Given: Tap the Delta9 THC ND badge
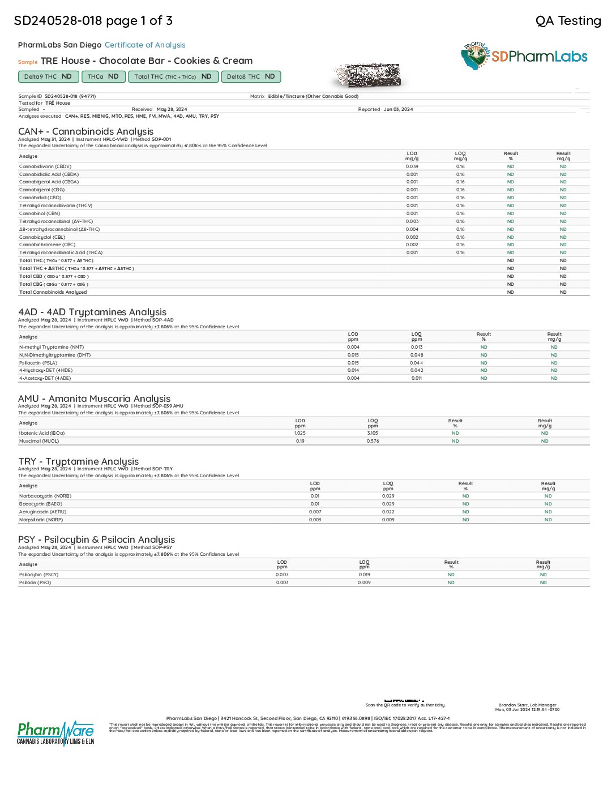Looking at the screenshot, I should [x=48, y=76].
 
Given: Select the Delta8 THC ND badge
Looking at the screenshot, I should [x=250, y=76].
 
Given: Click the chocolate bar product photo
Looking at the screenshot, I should [x=368, y=75].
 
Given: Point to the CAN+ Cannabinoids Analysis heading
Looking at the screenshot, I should [x=85, y=131].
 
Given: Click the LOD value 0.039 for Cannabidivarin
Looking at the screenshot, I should [x=412, y=166].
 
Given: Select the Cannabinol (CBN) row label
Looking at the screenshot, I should [x=40, y=213].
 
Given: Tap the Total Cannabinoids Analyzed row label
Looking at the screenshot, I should [x=53, y=292].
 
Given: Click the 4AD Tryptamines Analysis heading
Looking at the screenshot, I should [x=92, y=312].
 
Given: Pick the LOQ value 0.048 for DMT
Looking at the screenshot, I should [x=417, y=355].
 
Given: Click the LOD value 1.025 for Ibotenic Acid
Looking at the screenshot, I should [x=300, y=433].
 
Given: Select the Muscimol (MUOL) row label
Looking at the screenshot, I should [x=39, y=441].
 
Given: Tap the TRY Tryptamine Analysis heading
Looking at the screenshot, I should [x=78, y=461].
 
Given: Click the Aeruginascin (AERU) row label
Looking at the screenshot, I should [x=42, y=512].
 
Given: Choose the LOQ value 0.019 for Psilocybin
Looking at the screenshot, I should [x=364, y=575].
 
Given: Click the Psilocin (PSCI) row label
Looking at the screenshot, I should [x=35, y=582].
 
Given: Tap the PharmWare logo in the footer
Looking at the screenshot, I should [x=55, y=733].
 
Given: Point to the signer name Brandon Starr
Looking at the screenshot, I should [x=527, y=705].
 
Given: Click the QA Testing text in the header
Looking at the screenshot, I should [x=568, y=21].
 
